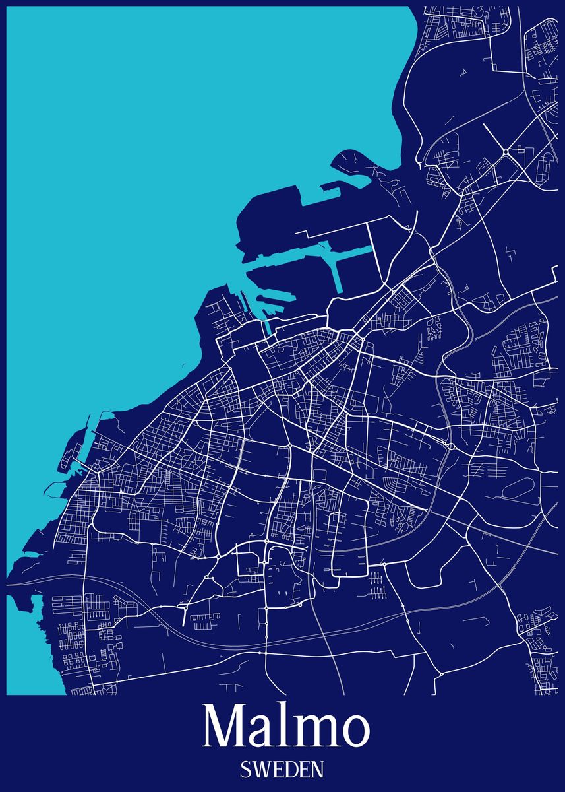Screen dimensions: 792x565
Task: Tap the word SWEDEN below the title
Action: tap(282, 769)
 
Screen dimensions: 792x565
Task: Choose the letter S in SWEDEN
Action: tap(246, 769)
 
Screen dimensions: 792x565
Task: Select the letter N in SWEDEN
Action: tap(316, 769)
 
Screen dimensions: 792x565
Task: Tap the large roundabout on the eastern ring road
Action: tap(450, 447)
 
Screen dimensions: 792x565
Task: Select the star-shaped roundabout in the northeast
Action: tap(506, 152)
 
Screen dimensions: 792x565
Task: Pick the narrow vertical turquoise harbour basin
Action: tap(339, 271)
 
